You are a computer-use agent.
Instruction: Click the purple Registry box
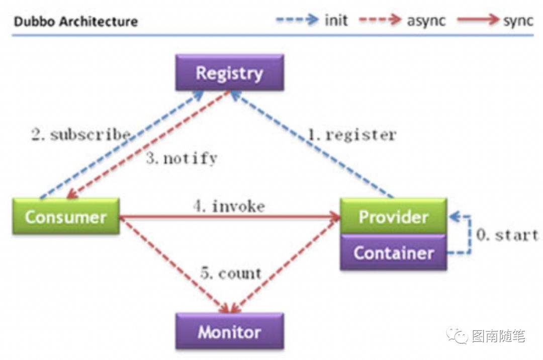pyautogui.click(x=229, y=73)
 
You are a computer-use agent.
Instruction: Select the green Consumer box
pyautogui.click(x=66, y=217)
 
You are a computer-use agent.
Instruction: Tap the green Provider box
pyautogui.click(x=393, y=216)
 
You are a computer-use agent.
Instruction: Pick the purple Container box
pyautogui.click(x=393, y=252)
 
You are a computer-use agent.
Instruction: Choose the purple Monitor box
pyautogui.click(x=229, y=332)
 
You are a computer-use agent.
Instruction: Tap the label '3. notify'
pyautogui.click(x=182, y=159)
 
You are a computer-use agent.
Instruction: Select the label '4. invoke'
pyautogui.click(x=229, y=206)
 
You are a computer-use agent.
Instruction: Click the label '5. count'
pyautogui.click(x=231, y=274)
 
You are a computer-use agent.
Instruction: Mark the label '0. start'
pyautogui.click(x=507, y=235)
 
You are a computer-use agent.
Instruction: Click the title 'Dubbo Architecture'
pyautogui.click(x=75, y=22)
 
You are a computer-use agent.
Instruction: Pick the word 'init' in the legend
pyautogui.click(x=336, y=21)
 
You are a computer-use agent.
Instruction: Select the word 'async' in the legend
pyautogui.click(x=426, y=21)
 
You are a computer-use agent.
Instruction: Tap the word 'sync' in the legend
pyautogui.click(x=518, y=21)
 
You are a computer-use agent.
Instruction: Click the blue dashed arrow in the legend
pyautogui.click(x=297, y=20)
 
